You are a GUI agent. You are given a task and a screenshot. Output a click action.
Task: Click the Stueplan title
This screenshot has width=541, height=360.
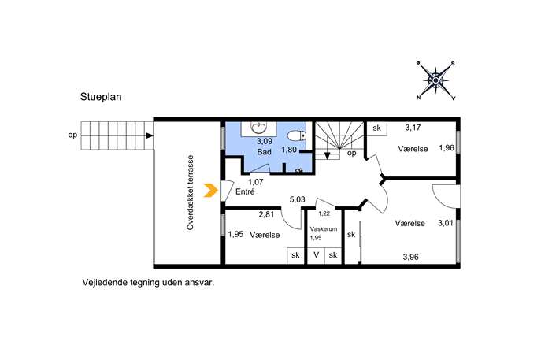[101, 97]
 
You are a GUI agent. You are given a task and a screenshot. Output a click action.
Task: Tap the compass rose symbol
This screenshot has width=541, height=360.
[435, 80]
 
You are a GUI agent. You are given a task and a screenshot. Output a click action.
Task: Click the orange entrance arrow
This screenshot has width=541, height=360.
[210, 190]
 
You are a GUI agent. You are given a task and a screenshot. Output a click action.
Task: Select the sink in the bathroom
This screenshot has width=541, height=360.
[258, 128]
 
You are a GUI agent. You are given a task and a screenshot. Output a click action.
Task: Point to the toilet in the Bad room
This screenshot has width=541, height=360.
[296, 136]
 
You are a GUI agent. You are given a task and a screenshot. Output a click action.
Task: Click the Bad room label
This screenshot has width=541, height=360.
[265, 152]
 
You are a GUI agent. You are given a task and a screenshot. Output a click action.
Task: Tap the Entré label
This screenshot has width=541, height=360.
[245, 191]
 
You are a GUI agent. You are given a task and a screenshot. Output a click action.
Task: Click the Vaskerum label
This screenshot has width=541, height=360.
[324, 228]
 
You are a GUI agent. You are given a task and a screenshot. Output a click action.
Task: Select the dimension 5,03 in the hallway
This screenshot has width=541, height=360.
[297, 199]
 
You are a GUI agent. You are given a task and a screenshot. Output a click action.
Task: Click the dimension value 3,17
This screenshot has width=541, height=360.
[413, 128]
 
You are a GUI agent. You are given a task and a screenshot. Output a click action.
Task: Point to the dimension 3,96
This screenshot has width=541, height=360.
[410, 257]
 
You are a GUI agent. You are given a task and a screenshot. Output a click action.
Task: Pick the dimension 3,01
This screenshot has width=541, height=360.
[446, 223]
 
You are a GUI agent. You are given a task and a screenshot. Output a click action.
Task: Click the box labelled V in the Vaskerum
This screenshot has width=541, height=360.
[316, 255]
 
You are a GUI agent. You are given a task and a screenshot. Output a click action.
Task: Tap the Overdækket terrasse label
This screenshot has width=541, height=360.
[191, 192]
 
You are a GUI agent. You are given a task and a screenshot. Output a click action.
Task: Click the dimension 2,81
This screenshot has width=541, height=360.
[266, 214]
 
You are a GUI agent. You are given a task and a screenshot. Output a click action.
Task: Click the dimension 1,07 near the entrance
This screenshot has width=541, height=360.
[256, 182]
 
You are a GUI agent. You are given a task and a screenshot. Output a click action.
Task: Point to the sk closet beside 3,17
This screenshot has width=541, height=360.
[376, 128]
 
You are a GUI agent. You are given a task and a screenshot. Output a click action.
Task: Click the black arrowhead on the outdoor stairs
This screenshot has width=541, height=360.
[150, 135]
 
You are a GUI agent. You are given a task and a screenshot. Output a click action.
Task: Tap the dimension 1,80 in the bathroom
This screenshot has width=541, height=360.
[289, 150]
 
